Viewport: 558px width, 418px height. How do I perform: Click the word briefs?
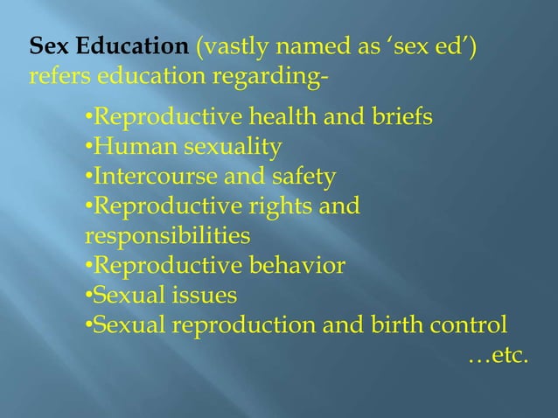click(x=399, y=116)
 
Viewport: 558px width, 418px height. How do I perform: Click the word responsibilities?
click(x=167, y=237)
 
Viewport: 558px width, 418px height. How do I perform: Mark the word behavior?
click(x=298, y=266)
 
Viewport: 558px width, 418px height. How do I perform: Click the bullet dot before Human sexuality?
click(x=88, y=147)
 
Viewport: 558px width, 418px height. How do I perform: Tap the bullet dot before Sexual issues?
click(x=88, y=296)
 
